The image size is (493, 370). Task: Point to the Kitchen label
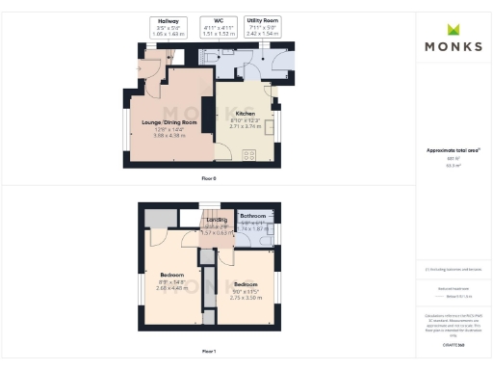[246, 113]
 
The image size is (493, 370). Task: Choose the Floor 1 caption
[209, 351]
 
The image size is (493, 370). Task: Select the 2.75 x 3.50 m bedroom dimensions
[246, 298]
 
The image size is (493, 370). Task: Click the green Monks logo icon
[453, 28]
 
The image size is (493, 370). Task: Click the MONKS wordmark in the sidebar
[454, 46]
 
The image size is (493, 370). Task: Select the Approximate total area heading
[454, 150]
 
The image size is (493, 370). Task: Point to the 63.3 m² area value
[454, 166]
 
